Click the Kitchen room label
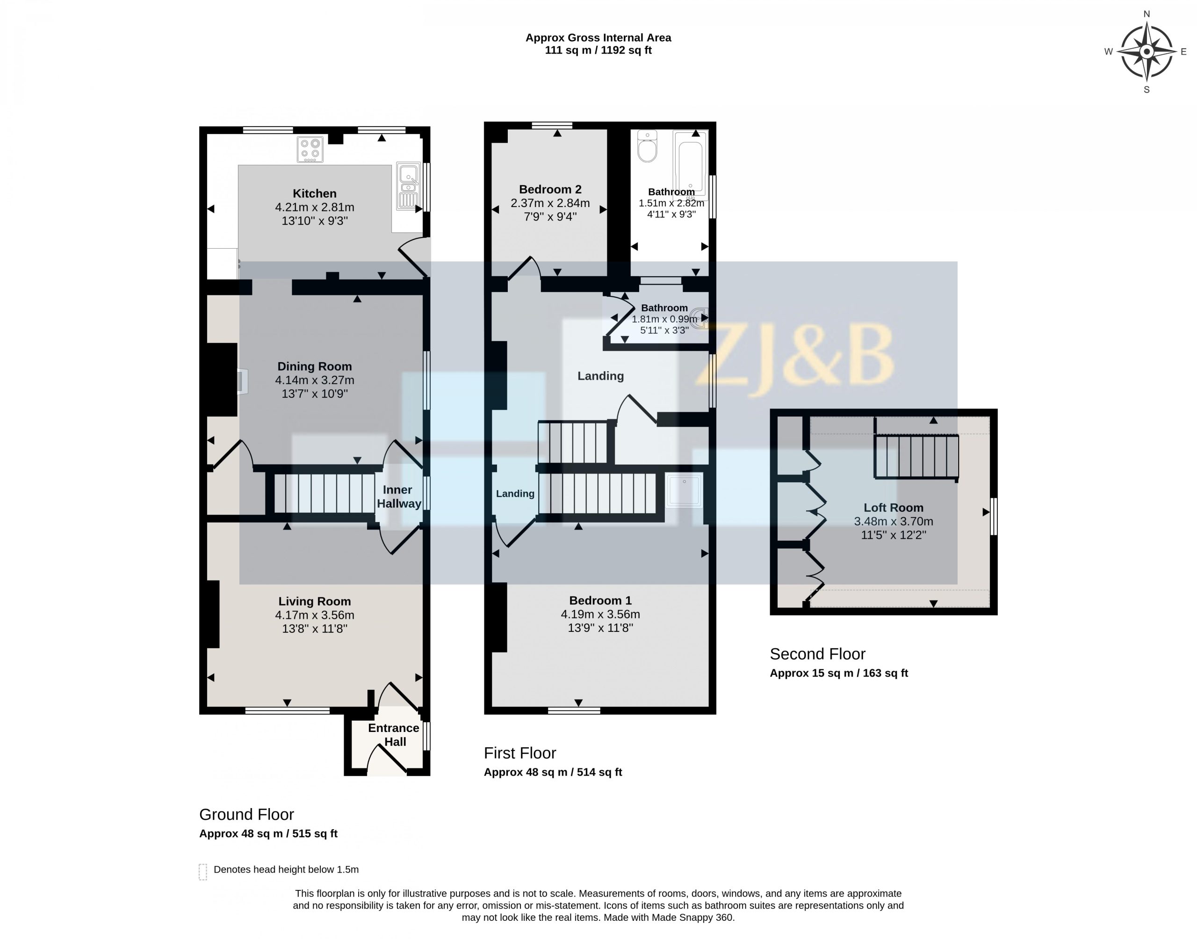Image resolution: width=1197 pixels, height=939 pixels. [315, 194]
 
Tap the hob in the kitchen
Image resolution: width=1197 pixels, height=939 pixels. [310, 150]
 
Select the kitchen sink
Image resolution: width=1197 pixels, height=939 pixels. [407, 186]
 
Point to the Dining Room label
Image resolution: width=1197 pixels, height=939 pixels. [315, 366]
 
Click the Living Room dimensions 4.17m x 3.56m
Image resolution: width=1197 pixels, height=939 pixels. [315, 615]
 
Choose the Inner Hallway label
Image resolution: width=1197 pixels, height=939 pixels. [399, 496]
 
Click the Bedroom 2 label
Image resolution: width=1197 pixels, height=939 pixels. [550, 189]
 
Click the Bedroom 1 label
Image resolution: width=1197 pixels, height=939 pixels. [600, 600]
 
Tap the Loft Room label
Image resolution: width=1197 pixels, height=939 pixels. [894, 508]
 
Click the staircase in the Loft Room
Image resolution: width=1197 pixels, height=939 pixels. [916, 456]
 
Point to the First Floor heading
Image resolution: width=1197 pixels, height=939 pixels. [519, 753]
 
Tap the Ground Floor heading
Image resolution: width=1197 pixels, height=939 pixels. [246, 814]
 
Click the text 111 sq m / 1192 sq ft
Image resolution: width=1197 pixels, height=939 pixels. [598, 50]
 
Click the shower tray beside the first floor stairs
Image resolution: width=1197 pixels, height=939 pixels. [684, 489]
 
